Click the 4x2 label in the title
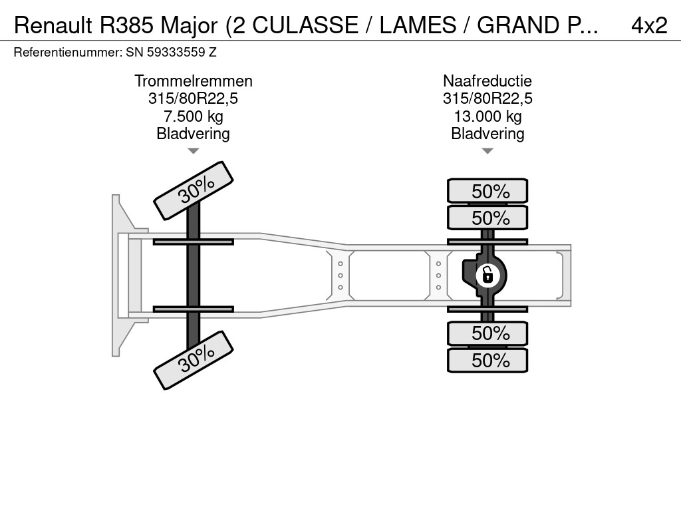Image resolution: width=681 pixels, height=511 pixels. pyautogui.click(x=648, y=25)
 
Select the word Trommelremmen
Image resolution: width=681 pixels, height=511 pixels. pyautogui.click(x=194, y=81)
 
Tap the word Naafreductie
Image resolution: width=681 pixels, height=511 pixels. pyautogui.click(x=487, y=81)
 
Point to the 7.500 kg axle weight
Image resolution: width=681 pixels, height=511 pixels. pyautogui.click(x=194, y=116)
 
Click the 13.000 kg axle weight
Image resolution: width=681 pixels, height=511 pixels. pyautogui.click(x=487, y=116)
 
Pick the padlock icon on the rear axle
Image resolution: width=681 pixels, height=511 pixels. pyautogui.click(x=487, y=273)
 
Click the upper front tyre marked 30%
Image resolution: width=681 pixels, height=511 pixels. pyautogui.click(x=194, y=191)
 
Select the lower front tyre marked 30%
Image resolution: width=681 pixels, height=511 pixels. pyautogui.click(x=194, y=359)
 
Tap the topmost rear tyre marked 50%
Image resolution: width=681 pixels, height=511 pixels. pyautogui.click(x=487, y=191)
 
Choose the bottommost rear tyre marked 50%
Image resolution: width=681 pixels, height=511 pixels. pyautogui.click(x=487, y=361)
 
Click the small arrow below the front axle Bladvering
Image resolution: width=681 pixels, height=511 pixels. pyautogui.click(x=193, y=151)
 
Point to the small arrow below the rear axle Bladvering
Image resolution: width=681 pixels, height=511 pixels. pyautogui.click(x=487, y=151)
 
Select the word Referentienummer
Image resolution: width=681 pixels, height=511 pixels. pyautogui.click(x=67, y=52)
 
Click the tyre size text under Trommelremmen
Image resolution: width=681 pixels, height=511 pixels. pyautogui.click(x=194, y=99)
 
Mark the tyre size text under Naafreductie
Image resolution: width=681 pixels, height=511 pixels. pyautogui.click(x=487, y=99)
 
